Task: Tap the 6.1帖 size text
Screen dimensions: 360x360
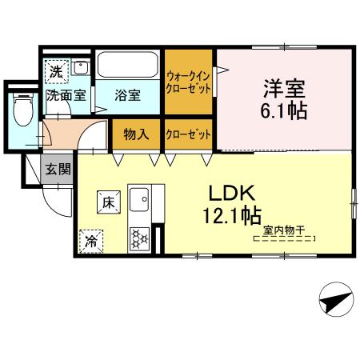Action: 285,111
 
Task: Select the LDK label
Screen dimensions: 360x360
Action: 231,193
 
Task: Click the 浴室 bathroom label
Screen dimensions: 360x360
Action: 127,95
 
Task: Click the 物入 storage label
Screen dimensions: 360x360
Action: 136,134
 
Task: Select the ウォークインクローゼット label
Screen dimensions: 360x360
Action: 189,83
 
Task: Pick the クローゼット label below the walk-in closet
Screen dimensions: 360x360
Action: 189,134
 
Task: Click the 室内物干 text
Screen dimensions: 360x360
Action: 283,230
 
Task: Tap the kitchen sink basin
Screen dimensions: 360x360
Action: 141,198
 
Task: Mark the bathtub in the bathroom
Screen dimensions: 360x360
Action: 129,66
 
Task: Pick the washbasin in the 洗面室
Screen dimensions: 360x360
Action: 80,69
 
